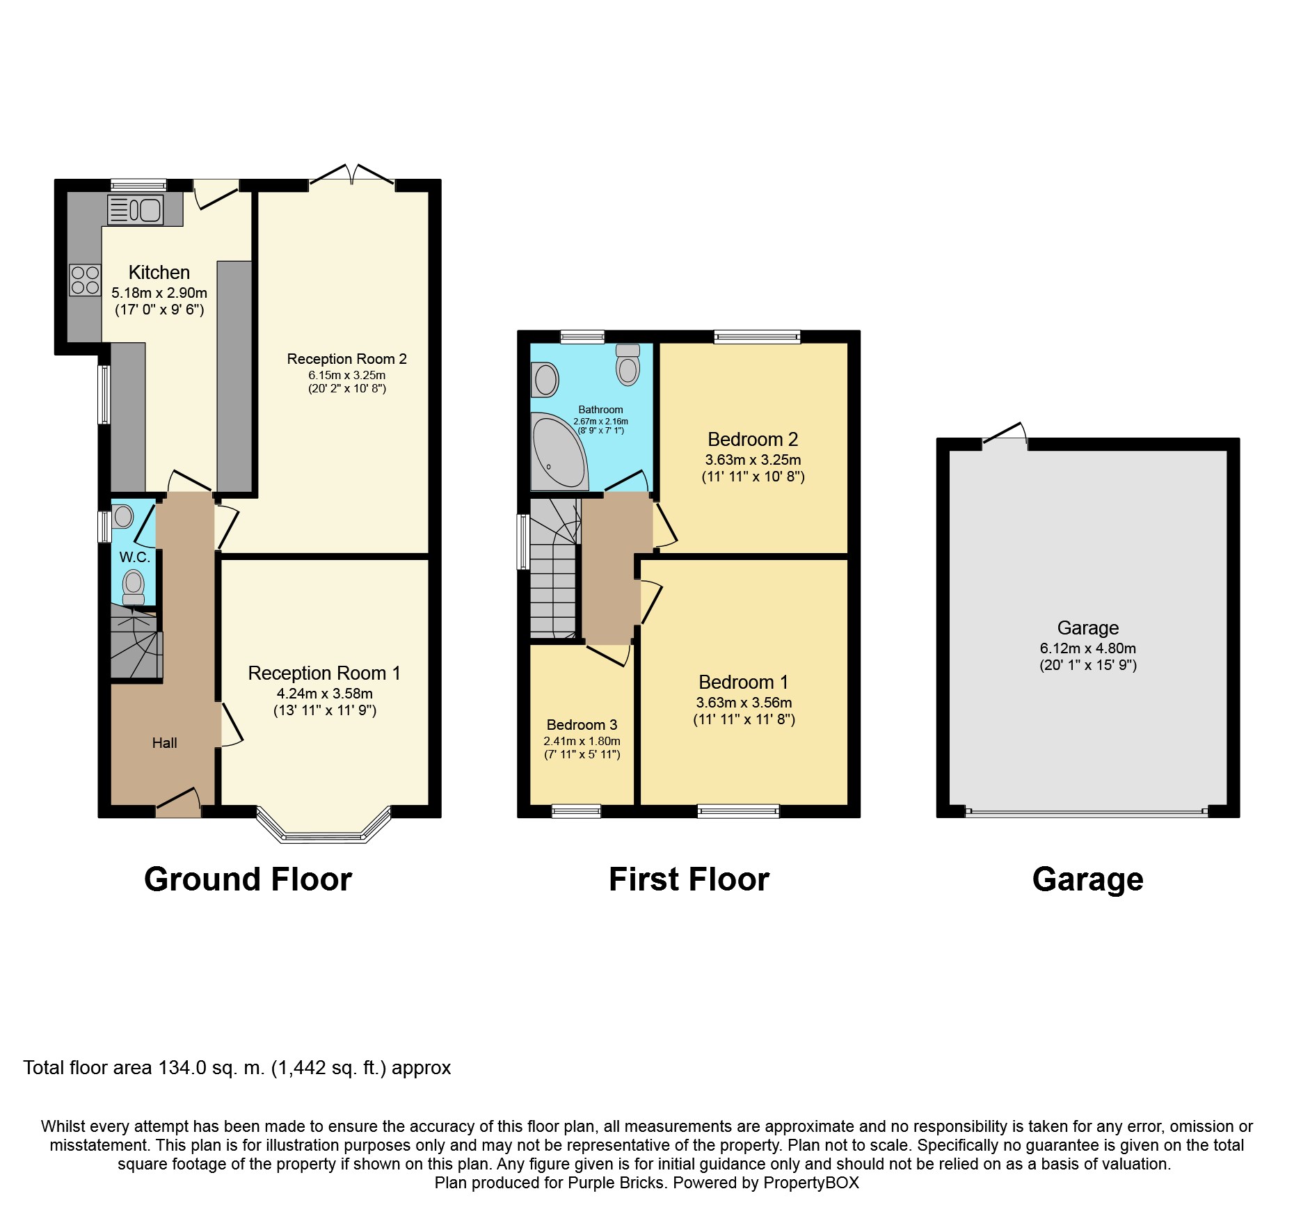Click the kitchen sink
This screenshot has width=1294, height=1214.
136,209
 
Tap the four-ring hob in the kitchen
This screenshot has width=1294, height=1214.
85,280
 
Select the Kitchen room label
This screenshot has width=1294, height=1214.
159,272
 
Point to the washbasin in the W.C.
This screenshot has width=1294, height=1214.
123,516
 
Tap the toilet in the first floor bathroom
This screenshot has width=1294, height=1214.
628,364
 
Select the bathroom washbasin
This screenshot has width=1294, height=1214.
545,380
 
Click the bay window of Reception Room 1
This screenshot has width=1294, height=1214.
323,826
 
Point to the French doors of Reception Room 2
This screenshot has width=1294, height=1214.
352,175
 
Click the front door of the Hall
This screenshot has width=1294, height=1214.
178,801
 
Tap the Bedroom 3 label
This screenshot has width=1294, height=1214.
582,725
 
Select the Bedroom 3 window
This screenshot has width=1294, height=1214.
576,811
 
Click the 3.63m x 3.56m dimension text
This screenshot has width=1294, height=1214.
744,703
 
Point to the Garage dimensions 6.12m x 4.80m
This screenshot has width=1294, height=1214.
1088,648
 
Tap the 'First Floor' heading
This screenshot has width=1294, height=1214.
689,879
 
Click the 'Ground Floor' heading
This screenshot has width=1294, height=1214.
248,879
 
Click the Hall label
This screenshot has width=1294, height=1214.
164,743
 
